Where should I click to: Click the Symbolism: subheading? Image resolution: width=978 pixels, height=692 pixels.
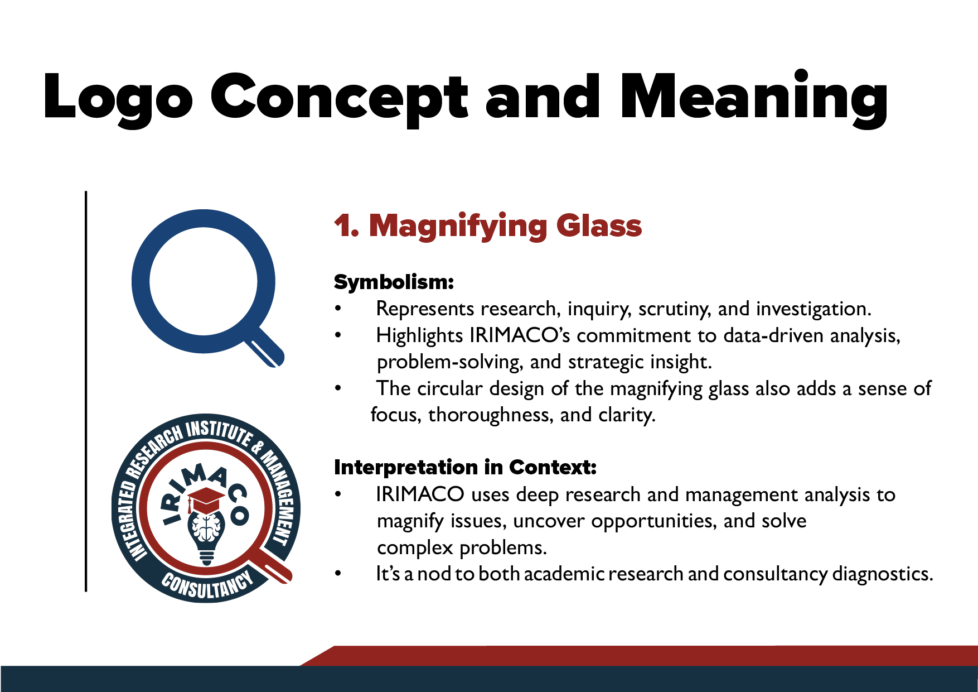(394, 282)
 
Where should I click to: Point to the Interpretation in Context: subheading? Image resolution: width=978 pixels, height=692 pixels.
(466, 467)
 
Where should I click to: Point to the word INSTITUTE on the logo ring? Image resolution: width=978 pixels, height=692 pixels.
(219, 431)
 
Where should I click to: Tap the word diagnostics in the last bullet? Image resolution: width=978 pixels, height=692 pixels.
(883, 574)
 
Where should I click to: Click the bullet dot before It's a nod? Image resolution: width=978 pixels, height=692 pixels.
(338, 574)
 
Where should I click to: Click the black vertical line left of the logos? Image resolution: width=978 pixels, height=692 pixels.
(86, 391)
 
